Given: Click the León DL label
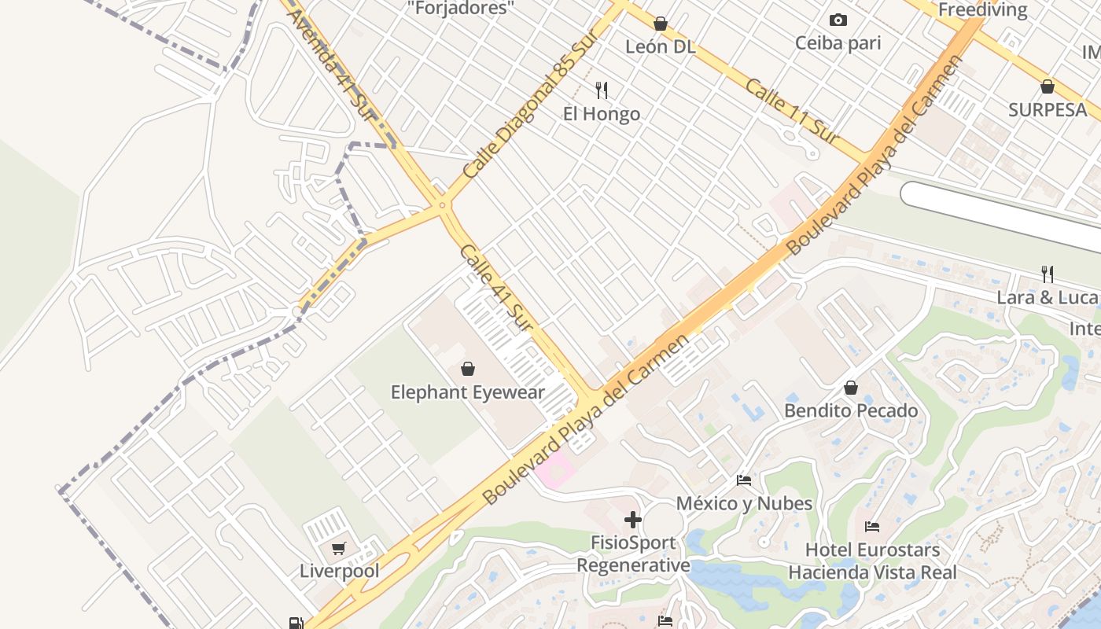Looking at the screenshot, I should tap(661, 46).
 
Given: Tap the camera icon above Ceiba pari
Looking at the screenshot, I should tap(838, 20).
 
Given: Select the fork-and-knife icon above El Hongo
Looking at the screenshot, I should tap(602, 90).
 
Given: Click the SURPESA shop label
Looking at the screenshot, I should tap(1048, 110).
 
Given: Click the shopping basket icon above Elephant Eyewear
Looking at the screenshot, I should tap(468, 369).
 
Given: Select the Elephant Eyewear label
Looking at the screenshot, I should tap(468, 392).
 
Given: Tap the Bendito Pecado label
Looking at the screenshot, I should tap(851, 410).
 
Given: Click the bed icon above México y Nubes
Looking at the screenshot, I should tap(744, 480).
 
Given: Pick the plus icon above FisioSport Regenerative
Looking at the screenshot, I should tap(633, 520).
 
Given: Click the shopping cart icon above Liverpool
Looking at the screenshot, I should tap(339, 548).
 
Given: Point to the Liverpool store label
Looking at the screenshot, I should tap(339, 571).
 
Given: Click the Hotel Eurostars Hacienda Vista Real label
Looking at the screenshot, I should tap(873, 561).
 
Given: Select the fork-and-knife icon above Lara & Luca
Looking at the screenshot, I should tap(1048, 274).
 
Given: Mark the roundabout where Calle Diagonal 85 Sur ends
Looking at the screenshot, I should tap(443, 206).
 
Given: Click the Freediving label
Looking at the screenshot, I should tap(983, 9).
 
